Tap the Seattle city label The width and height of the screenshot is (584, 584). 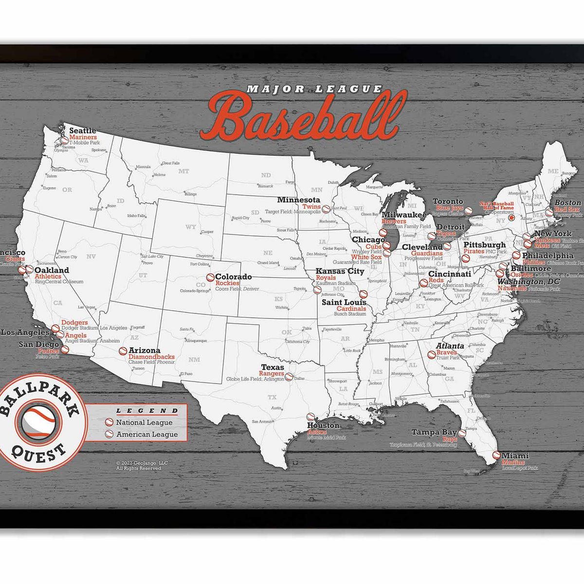coord(82,130)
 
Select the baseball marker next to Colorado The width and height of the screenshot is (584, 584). coord(210,277)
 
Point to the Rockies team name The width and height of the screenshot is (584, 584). coord(227,283)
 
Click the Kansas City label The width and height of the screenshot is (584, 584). coord(340,271)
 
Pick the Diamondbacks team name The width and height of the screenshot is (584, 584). coord(151,357)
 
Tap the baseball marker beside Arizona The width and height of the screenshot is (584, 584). coord(123,351)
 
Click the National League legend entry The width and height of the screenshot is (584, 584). coord(144,423)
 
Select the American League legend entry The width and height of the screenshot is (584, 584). coord(146,434)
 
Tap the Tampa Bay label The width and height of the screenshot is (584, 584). coord(434,432)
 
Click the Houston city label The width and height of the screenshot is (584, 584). coord(323,425)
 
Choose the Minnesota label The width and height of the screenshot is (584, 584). coord(298,200)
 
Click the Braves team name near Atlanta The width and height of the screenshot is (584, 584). coord(446,352)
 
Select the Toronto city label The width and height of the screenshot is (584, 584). coord(448,201)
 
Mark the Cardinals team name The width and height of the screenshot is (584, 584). coord(351,309)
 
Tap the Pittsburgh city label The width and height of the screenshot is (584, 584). coord(484,245)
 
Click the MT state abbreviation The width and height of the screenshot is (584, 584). coord(183,171)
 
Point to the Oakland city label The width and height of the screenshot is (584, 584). coord(52,270)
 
